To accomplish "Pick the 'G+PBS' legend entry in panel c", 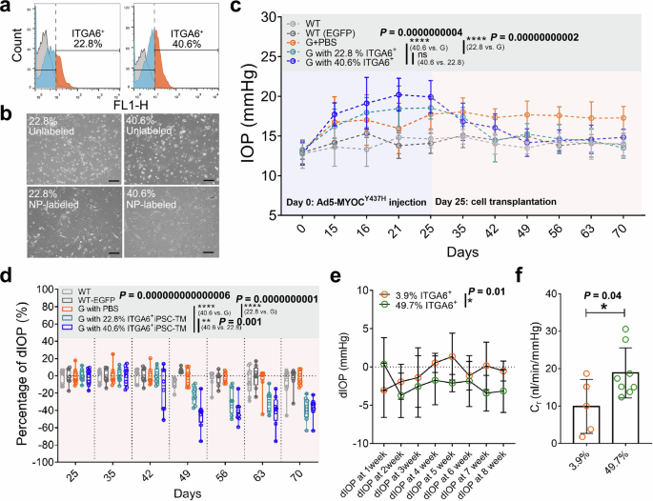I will (324, 42).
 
